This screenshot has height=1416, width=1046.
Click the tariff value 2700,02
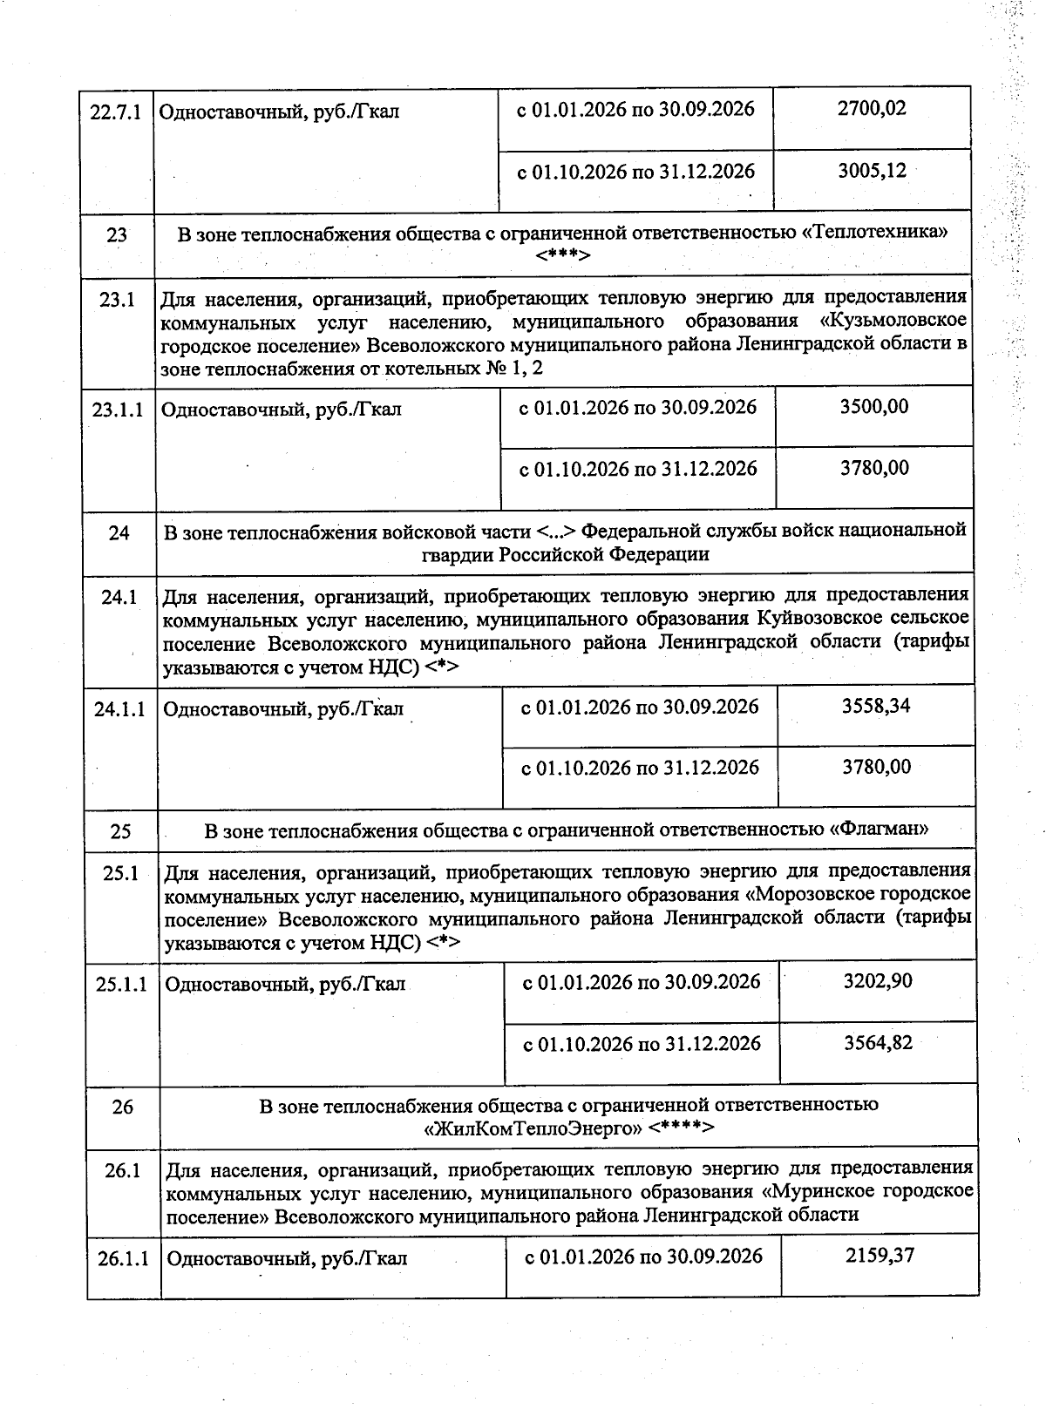871,109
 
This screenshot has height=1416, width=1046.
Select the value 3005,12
872,171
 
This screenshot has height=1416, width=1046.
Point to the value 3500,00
873,407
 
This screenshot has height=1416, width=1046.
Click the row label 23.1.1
118,410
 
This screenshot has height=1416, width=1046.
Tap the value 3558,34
875,706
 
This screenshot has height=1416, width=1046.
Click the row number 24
119,532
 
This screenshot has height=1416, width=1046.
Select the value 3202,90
877,981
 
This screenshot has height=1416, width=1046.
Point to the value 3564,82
878,1043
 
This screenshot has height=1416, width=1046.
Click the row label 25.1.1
121,984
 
